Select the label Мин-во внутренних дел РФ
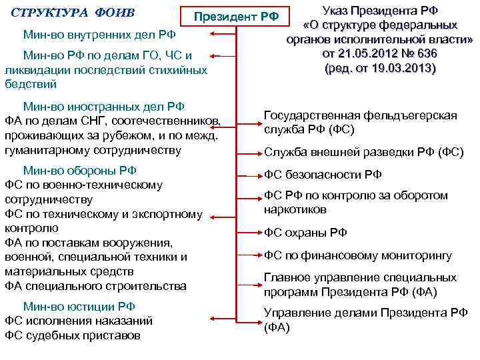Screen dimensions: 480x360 (99, 34)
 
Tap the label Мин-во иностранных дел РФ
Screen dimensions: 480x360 (103, 106)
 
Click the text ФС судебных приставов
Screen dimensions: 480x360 (73, 335)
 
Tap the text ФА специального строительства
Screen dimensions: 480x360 (95, 286)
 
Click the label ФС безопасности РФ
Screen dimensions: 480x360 (323, 175)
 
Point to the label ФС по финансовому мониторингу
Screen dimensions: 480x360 (358, 255)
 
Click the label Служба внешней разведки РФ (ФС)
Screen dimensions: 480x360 (363, 151)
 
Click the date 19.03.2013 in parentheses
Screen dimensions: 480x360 (401, 68)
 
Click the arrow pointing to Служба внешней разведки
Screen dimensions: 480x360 (250, 151)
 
